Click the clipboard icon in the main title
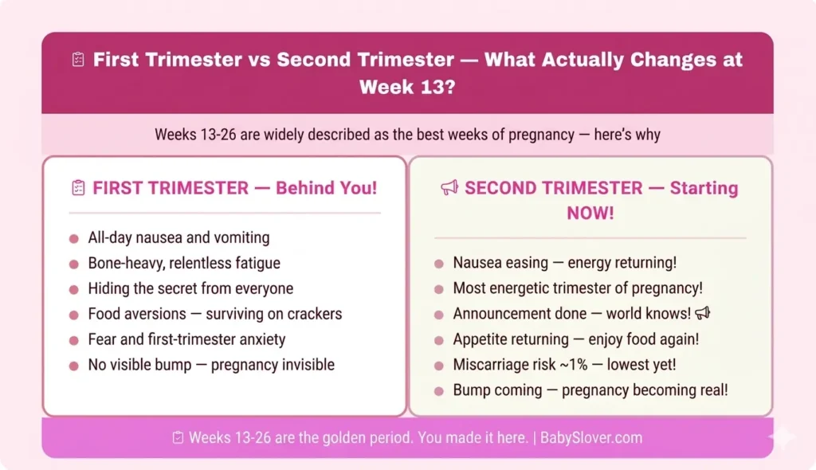click(x=78, y=61)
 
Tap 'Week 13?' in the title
click(x=407, y=86)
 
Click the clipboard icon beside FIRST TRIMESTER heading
click(x=78, y=188)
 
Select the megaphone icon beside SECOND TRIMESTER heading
click(x=449, y=188)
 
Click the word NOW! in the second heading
click(x=590, y=213)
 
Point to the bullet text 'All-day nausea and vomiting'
click(x=178, y=237)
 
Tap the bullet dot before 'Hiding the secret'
click(x=74, y=289)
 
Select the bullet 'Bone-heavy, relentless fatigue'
click(x=184, y=263)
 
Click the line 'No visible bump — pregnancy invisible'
click(x=211, y=365)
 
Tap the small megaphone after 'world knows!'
click(x=702, y=313)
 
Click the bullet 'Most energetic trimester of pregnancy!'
click(x=578, y=288)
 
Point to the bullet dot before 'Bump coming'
click(x=439, y=391)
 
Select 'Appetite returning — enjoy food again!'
click(x=575, y=339)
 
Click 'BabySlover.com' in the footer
click(x=591, y=437)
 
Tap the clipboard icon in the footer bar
click(x=178, y=437)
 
